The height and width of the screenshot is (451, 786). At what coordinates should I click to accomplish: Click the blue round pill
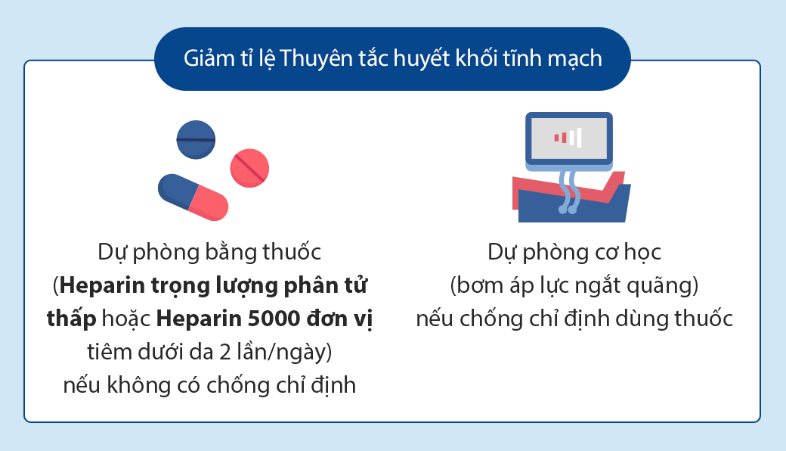click(196, 139)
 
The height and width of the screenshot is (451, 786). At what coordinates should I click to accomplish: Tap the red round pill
click(249, 168)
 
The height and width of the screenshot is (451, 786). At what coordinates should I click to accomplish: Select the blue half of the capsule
click(177, 191)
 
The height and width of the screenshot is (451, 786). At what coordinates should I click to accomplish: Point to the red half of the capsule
click(209, 203)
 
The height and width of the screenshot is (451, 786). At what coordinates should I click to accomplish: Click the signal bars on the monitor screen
click(568, 138)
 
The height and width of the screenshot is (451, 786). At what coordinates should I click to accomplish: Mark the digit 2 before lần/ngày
click(225, 352)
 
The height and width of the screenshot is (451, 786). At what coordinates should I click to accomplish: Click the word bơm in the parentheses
click(479, 285)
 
